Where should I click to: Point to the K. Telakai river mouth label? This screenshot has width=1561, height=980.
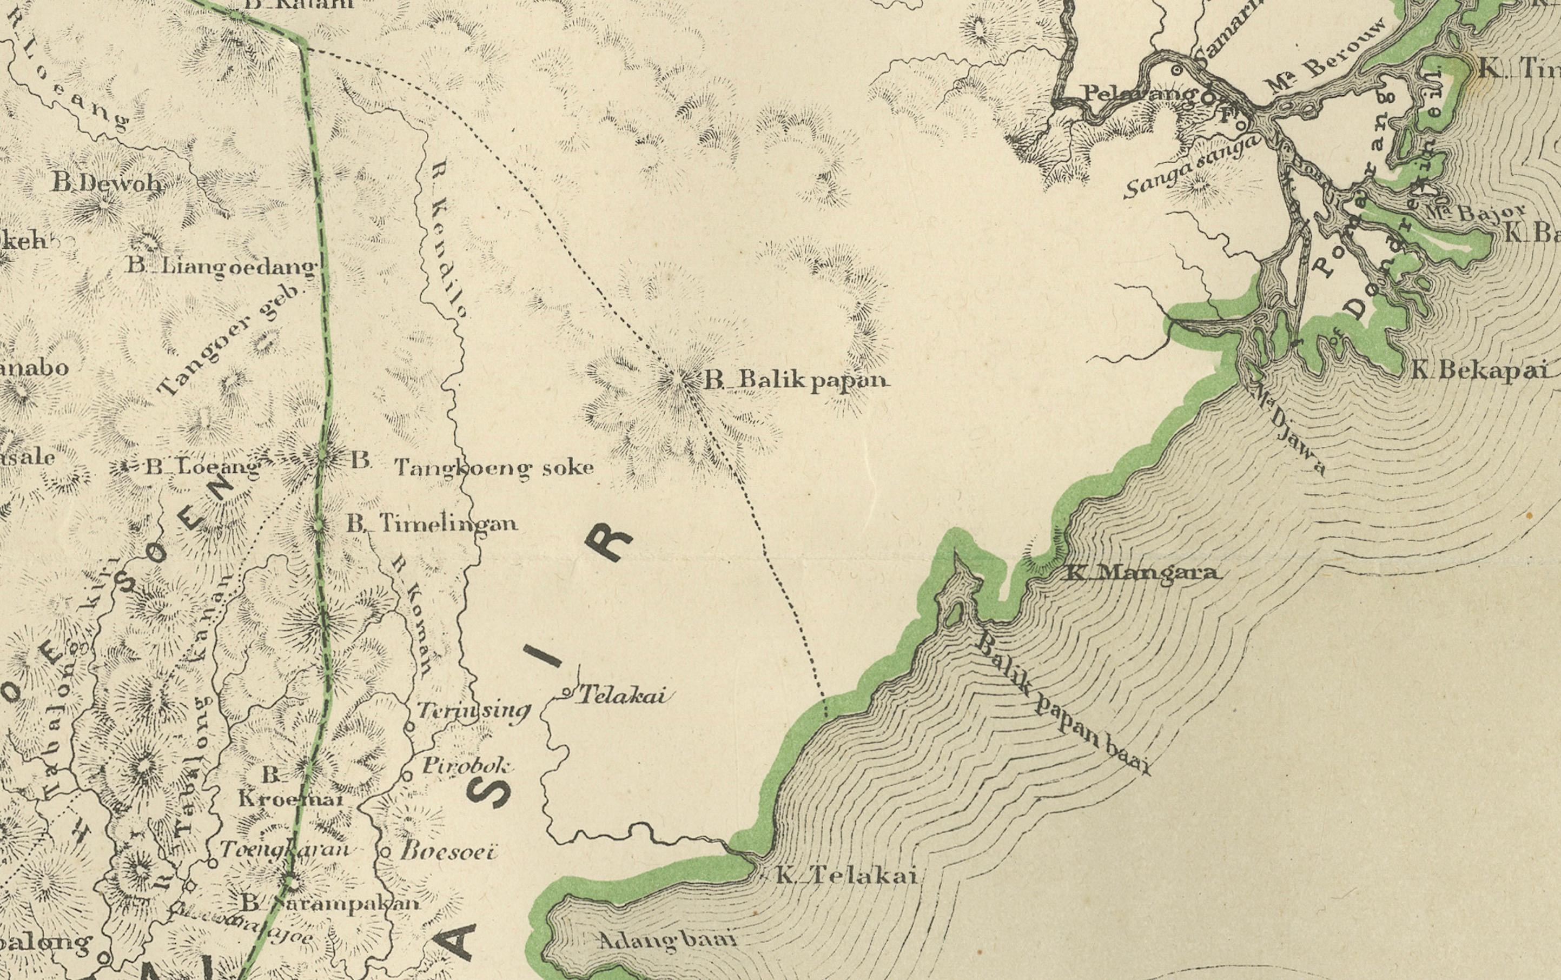click(x=846, y=877)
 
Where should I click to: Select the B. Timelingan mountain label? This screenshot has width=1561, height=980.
click(x=432, y=523)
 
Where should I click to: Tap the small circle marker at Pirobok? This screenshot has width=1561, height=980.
click(x=408, y=774)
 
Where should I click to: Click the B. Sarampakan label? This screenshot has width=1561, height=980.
click(x=330, y=902)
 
